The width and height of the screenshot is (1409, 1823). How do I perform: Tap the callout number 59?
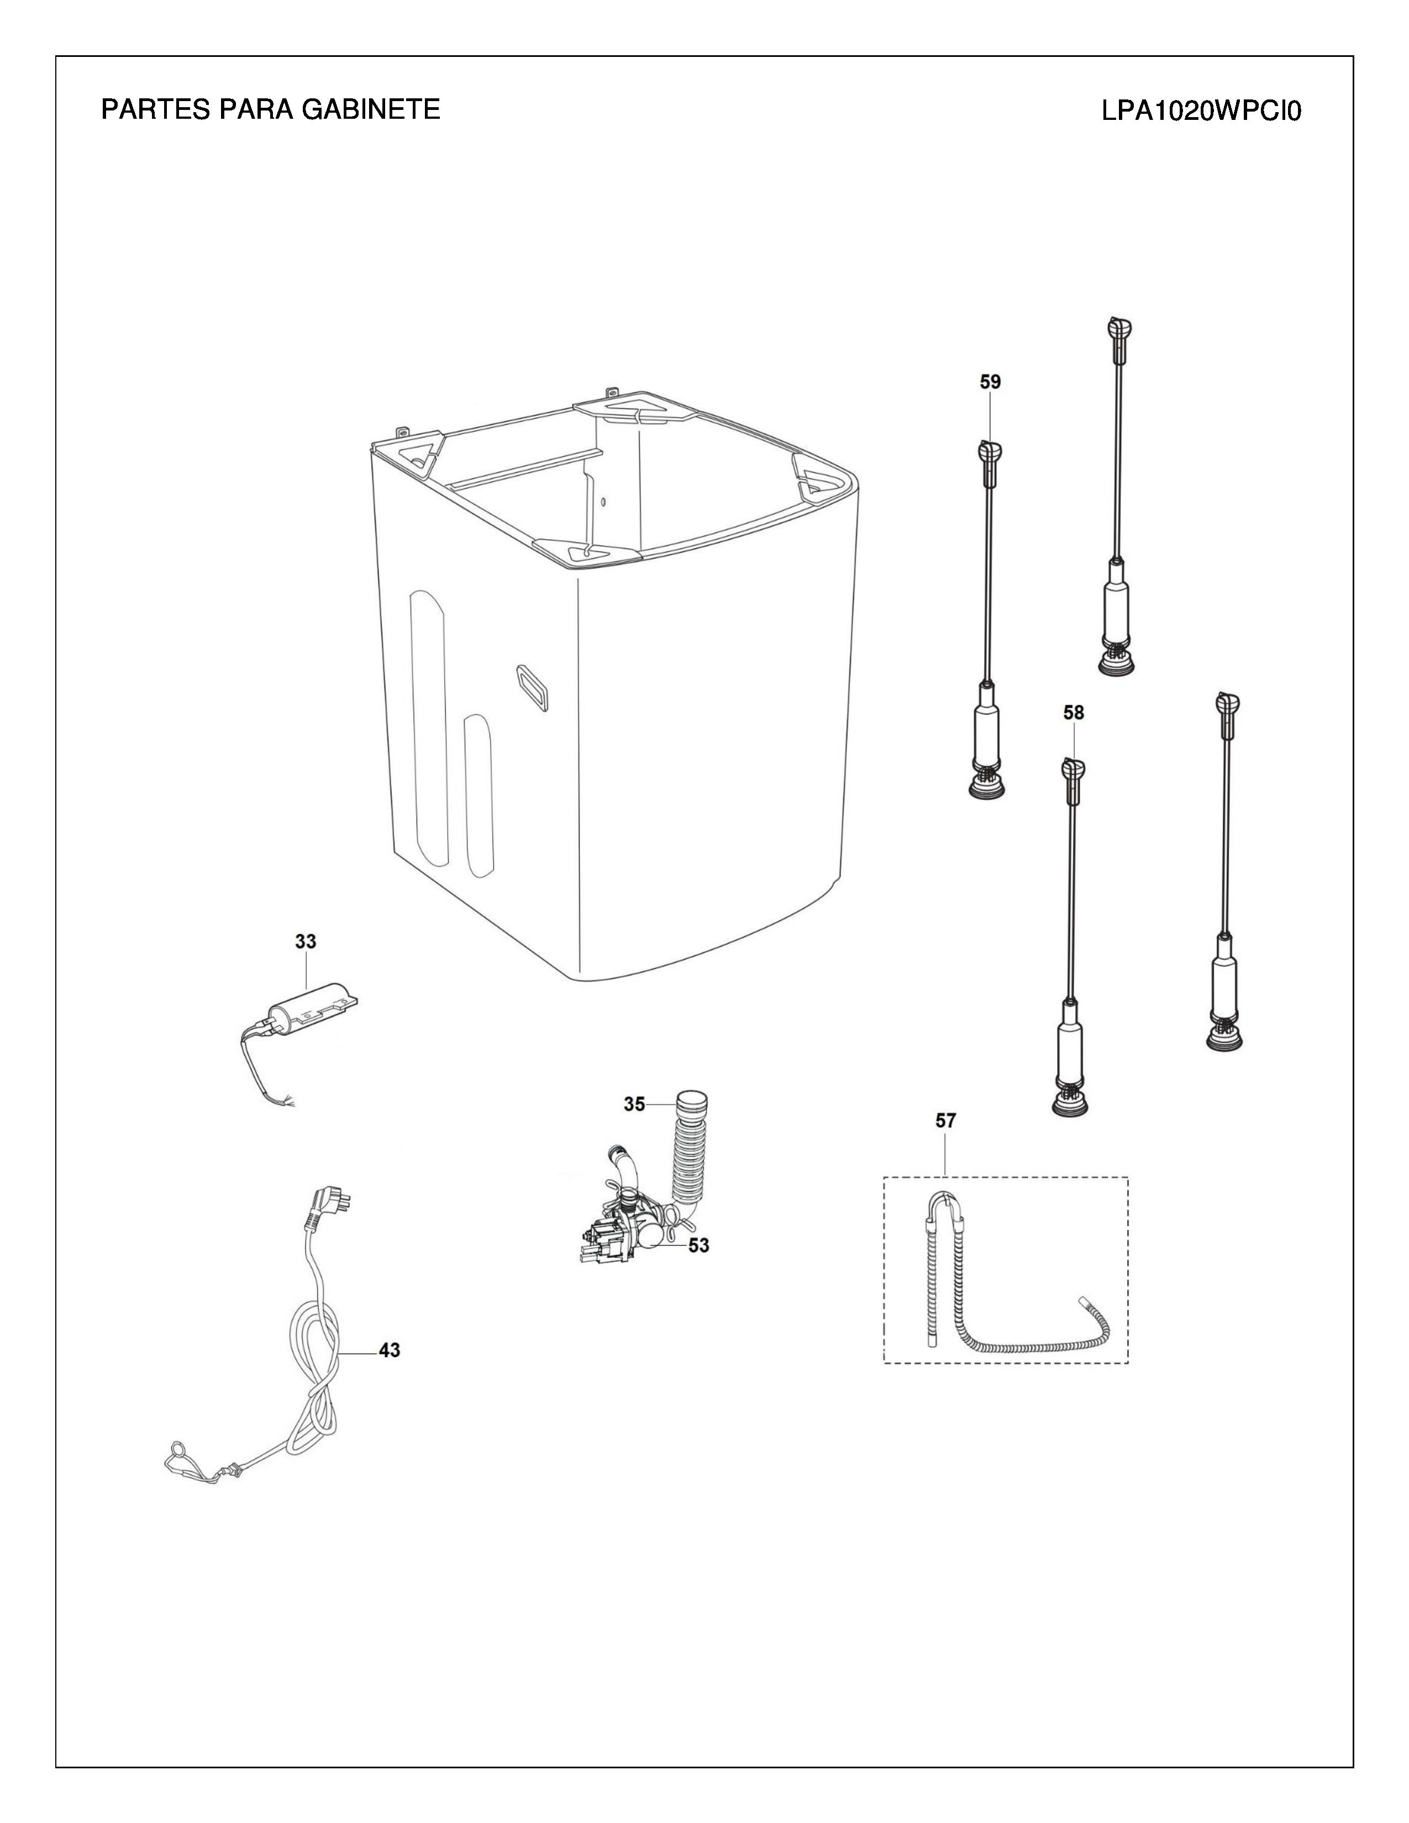[x=990, y=382]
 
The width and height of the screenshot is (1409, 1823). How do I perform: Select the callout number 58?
[x=1074, y=712]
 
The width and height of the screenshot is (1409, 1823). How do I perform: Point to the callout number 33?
[x=306, y=941]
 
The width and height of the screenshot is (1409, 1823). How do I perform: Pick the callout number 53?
[x=698, y=1245]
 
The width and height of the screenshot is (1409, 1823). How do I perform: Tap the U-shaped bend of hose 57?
[x=946, y=1200]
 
